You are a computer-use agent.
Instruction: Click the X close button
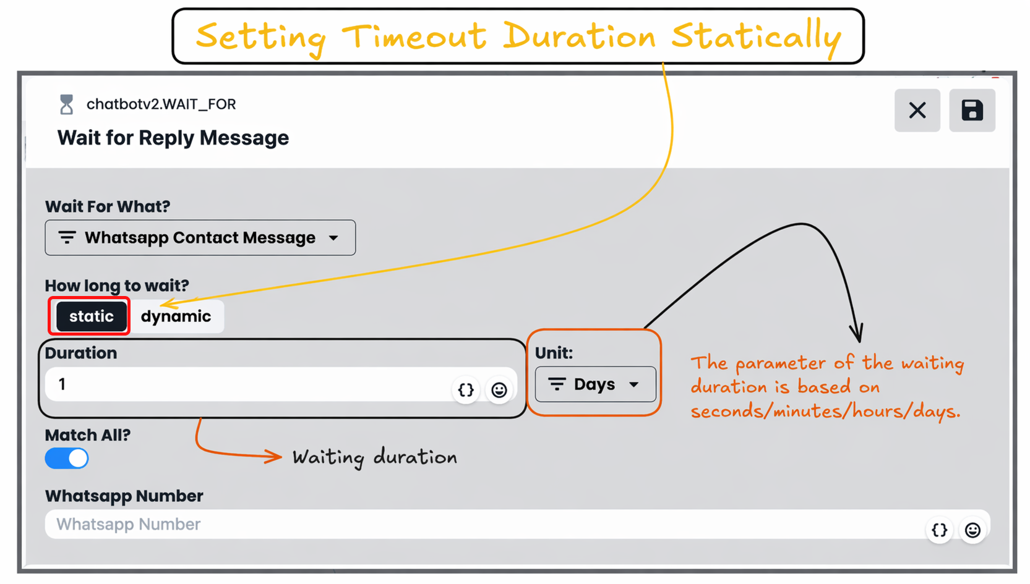coord(917,110)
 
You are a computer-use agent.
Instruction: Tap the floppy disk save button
coord(972,110)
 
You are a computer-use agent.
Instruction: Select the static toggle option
coord(91,316)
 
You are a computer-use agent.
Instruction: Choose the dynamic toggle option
coord(176,316)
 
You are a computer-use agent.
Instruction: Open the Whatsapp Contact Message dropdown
coord(200,237)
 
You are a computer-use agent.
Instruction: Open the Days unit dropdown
coord(596,384)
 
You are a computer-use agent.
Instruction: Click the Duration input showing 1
coord(248,384)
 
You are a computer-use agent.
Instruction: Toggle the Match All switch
coord(67,458)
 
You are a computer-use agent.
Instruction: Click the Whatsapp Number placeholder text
coord(128,524)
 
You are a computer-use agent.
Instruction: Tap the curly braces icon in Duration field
coord(466,390)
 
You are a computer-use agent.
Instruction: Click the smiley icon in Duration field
coord(499,390)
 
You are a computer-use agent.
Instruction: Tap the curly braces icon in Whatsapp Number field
coord(940,530)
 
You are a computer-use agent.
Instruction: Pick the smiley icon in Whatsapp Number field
coord(972,530)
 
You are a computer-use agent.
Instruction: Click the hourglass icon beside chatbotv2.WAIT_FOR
coord(67,104)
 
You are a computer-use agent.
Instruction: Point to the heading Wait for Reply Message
coord(173,138)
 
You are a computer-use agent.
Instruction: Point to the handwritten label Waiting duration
coord(375,457)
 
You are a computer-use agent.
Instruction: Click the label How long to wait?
coord(117,286)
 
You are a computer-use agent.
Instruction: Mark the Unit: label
coord(554,353)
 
